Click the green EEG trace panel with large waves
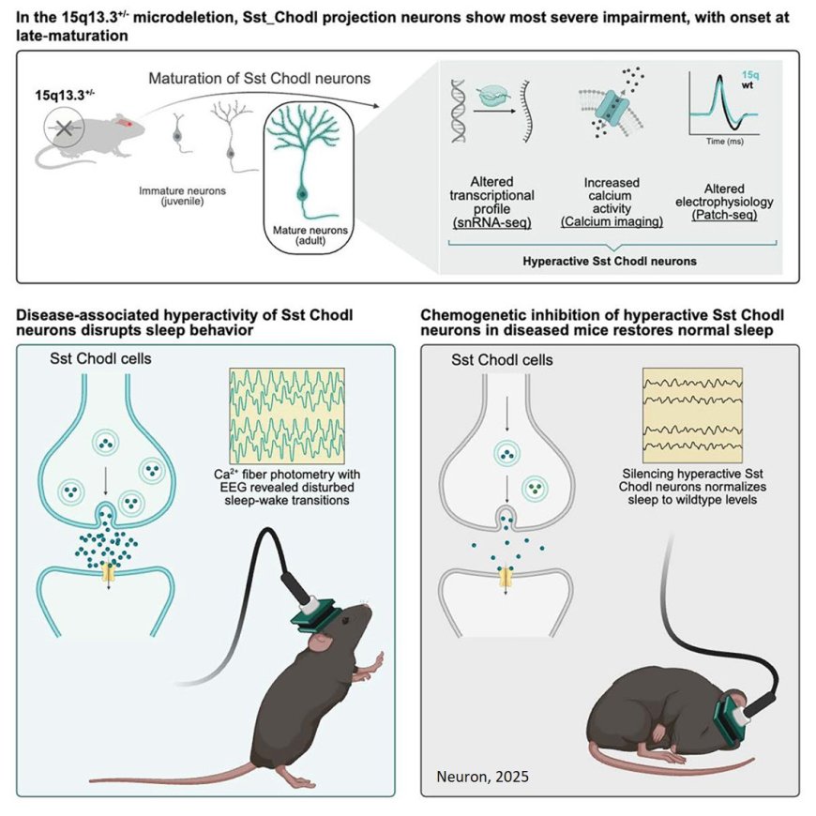(x=286, y=411)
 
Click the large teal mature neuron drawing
(x=302, y=164)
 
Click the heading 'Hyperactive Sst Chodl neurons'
(x=609, y=261)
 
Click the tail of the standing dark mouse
(x=169, y=774)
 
